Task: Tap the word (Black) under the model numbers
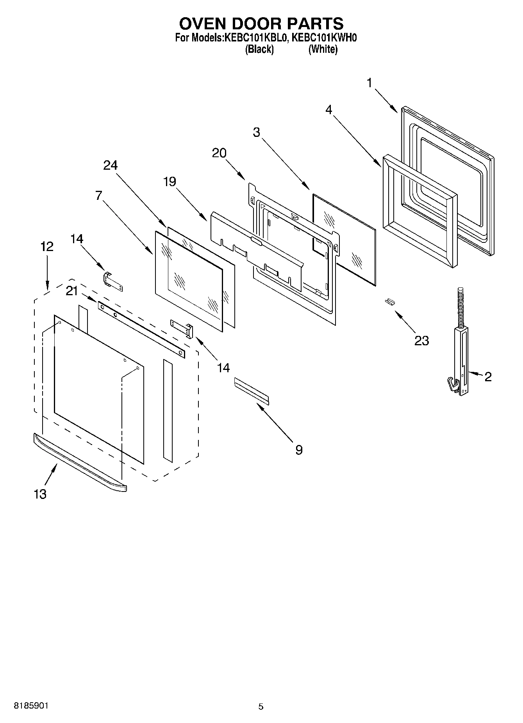259,50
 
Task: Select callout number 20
219,153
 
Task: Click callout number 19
170,181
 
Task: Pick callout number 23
421,341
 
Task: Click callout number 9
298,450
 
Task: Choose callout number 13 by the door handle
40,494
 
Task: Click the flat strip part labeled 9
252,390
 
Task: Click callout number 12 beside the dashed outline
46,247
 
